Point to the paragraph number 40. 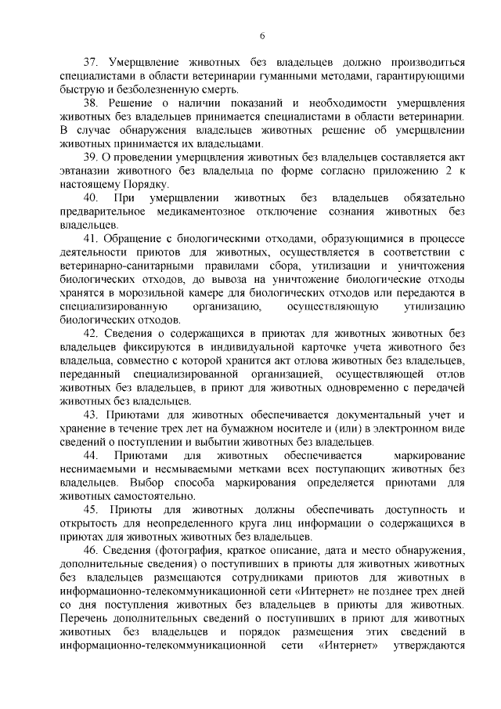(x=91, y=197)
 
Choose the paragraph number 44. (x=91, y=454)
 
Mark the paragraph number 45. (x=91, y=509)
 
